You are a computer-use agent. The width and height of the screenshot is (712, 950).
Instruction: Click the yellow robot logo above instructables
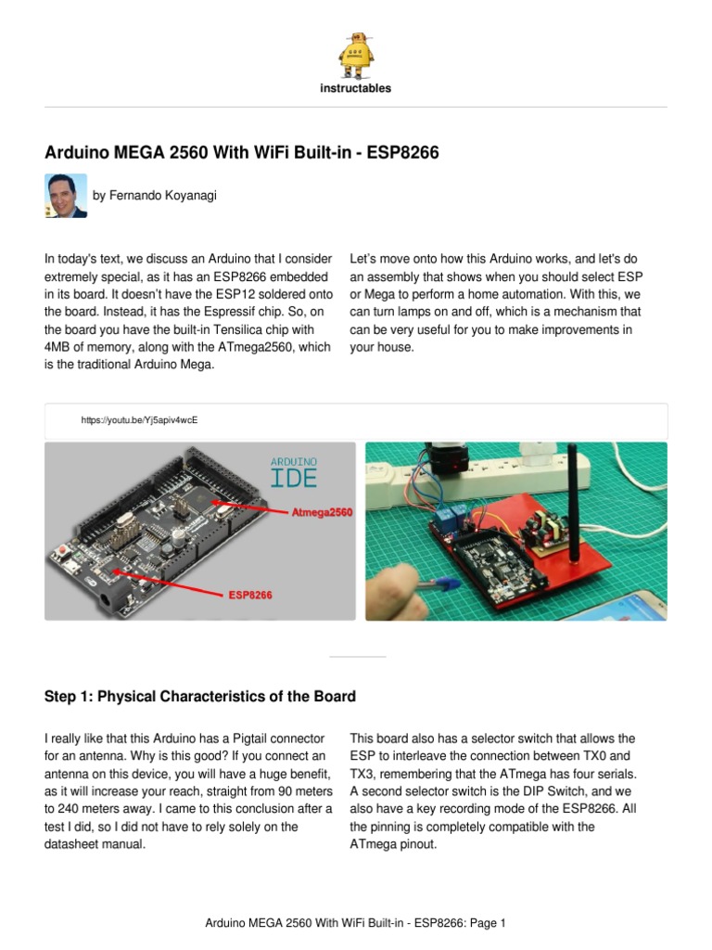[x=356, y=55]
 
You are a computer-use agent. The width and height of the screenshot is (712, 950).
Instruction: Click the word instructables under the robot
[x=356, y=89]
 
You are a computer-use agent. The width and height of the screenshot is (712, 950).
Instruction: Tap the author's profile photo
[x=66, y=196]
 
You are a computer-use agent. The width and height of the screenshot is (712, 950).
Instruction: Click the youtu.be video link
[x=139, y=420]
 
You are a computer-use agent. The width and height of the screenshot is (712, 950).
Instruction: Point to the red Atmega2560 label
[x=322, y=511]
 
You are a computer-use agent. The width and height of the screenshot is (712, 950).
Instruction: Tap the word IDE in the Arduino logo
[x=294, y=478]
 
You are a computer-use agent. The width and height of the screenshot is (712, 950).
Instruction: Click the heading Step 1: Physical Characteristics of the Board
[x=199, y=697]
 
